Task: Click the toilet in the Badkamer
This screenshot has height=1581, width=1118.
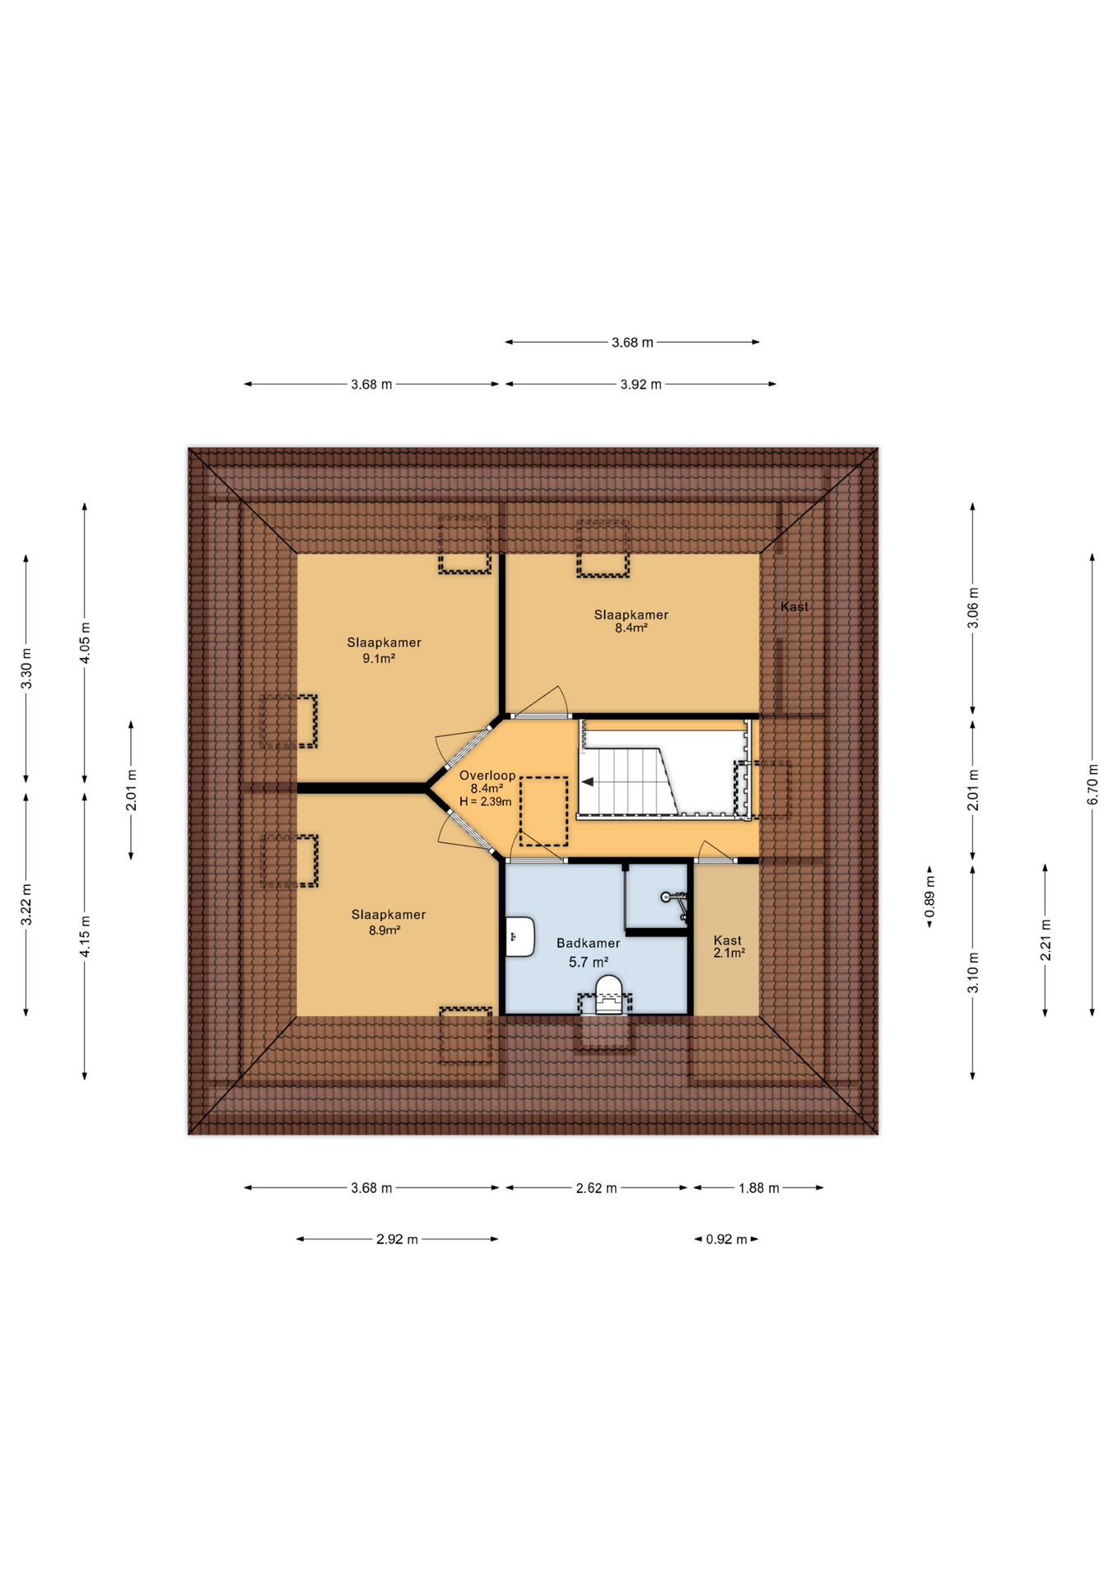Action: (608, 991)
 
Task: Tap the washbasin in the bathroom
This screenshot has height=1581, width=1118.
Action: (519, 936)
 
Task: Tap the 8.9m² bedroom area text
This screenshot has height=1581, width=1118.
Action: (384, 930)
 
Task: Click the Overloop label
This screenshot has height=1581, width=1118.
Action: (487, 775)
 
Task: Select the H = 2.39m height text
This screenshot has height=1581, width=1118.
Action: (486, 801)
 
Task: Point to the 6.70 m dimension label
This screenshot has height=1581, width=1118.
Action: (1092, 784)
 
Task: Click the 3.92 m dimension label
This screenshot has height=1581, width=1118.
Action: (641, 385)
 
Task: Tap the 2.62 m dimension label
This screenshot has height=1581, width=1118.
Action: (596, 1188)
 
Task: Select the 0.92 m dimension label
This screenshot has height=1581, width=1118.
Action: (726, 1239)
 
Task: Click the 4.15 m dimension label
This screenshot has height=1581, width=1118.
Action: (85, 936)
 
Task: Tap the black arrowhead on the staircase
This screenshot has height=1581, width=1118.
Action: (588, 782)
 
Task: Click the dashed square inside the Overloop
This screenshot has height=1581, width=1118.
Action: (543, 811)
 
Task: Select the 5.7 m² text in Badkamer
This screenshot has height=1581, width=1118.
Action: (588, 962)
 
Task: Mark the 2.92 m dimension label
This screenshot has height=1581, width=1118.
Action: (397, 1239)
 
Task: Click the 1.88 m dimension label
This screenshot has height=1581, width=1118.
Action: (758, 1188)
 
